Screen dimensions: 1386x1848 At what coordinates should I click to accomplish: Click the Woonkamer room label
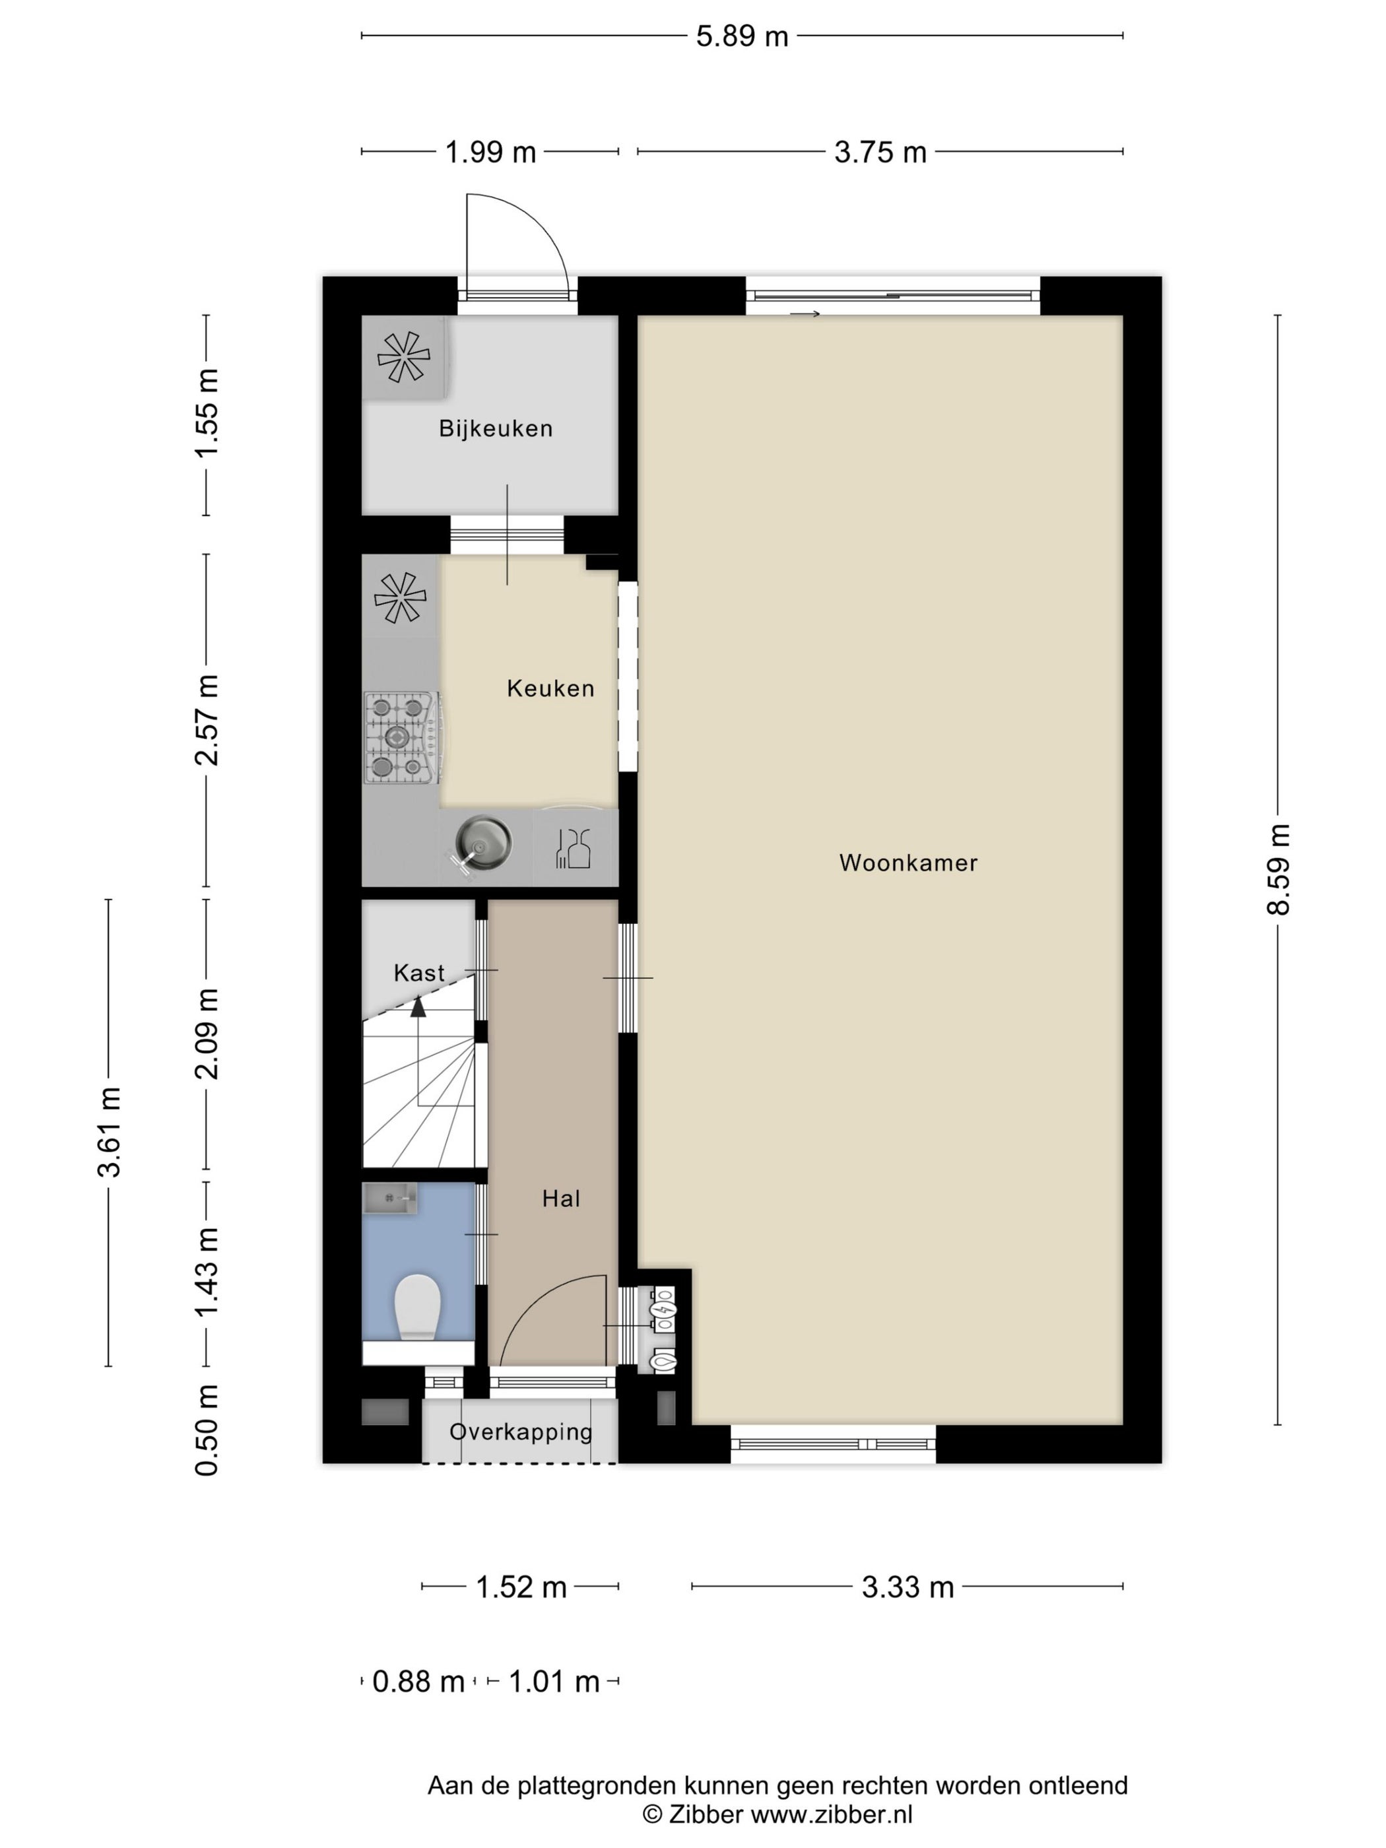[908, 863]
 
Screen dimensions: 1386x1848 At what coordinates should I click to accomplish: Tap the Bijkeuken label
[496, 428]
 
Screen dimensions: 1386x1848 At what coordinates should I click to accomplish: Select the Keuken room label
[550, 688]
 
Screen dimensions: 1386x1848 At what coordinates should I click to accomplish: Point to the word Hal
[560, 1199]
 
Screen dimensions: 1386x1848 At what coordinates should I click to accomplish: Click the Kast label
[418, 972]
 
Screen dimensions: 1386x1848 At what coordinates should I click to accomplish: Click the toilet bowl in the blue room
[417, 1307]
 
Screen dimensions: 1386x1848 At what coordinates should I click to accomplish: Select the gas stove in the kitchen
[402, 738]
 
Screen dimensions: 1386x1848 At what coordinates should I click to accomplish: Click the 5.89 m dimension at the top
[742, 36]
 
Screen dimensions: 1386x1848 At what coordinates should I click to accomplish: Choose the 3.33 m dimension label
[907, 1587]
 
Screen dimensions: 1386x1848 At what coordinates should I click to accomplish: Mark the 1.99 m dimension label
[490, 152]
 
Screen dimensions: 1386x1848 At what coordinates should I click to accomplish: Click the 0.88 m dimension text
[418, 1681]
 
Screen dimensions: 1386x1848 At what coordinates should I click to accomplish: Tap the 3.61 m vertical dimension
[109, 1132]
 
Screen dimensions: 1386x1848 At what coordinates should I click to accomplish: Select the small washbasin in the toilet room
[390, 1199]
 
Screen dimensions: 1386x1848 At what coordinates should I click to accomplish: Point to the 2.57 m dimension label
[207, 720]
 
